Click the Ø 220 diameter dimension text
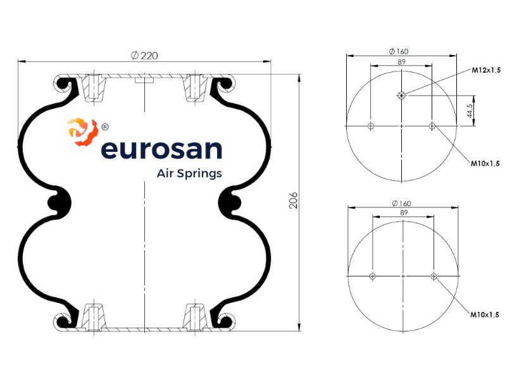pos(144,56)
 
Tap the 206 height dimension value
pos(293,200)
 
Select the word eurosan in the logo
pos(161,149)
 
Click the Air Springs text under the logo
pos(189,173)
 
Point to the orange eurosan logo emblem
pos(83,132)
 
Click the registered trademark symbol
pos(105,127)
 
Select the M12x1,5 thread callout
pos(486,70)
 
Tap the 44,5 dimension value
pos(470,111)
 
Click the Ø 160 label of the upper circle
pos(399,51)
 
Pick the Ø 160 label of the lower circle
pos(401,204)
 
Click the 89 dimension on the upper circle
pos(401,62)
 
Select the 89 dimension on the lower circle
pos(404,213)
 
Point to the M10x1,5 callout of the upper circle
pos(485,164)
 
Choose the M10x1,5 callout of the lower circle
pos(485,314)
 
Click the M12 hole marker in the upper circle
pos(401,96)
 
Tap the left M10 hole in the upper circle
pos(371,127)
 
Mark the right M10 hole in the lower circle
pos(434,276)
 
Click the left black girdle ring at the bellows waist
pos(59,203)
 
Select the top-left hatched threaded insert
pos(94,87)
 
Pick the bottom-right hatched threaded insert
pos(195,317)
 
